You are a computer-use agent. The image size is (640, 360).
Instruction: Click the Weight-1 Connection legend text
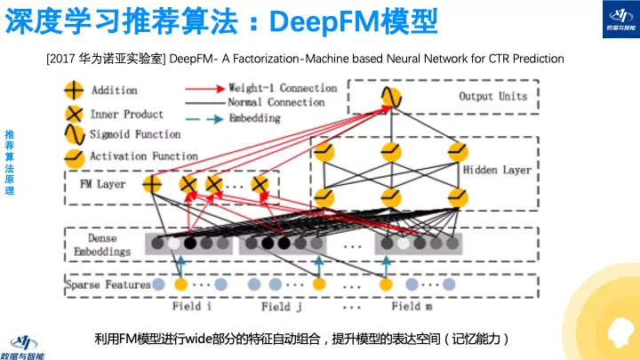(284, 88)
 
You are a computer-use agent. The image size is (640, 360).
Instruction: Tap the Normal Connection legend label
(284, 102)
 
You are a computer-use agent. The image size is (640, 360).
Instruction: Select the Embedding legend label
(261, 116)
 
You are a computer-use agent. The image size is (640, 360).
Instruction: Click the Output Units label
(494, 96)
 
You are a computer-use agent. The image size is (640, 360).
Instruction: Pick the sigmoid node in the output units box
(390, 96)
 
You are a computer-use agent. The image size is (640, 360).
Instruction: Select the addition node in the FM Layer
(152, 185)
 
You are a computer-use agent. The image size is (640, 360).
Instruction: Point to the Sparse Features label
(108, 285)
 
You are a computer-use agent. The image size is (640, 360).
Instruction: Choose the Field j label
(282, 307)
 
